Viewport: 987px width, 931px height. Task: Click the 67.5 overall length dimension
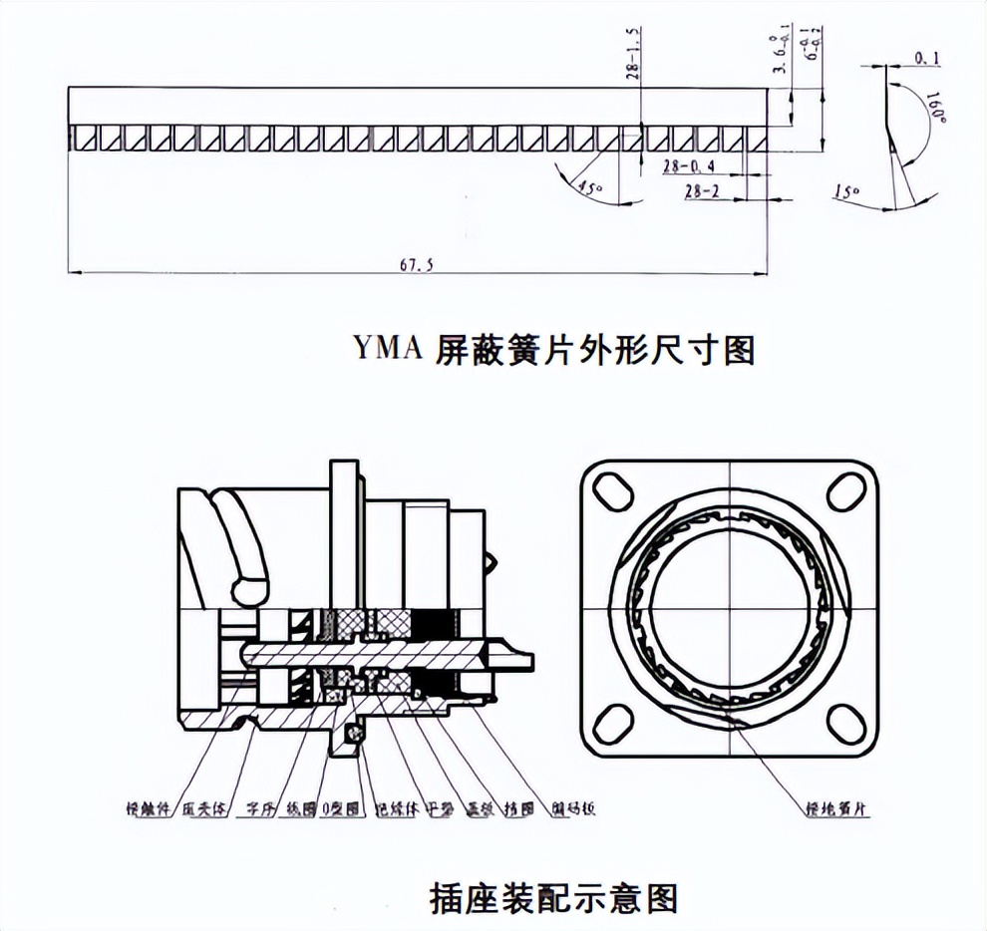coord(414,264)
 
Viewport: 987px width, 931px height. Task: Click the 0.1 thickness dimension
coord(927,60)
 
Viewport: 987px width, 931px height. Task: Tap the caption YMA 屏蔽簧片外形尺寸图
coord(554,349)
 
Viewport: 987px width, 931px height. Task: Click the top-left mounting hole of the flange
coord(612,491)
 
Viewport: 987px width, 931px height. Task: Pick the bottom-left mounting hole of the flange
coord(612,721)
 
